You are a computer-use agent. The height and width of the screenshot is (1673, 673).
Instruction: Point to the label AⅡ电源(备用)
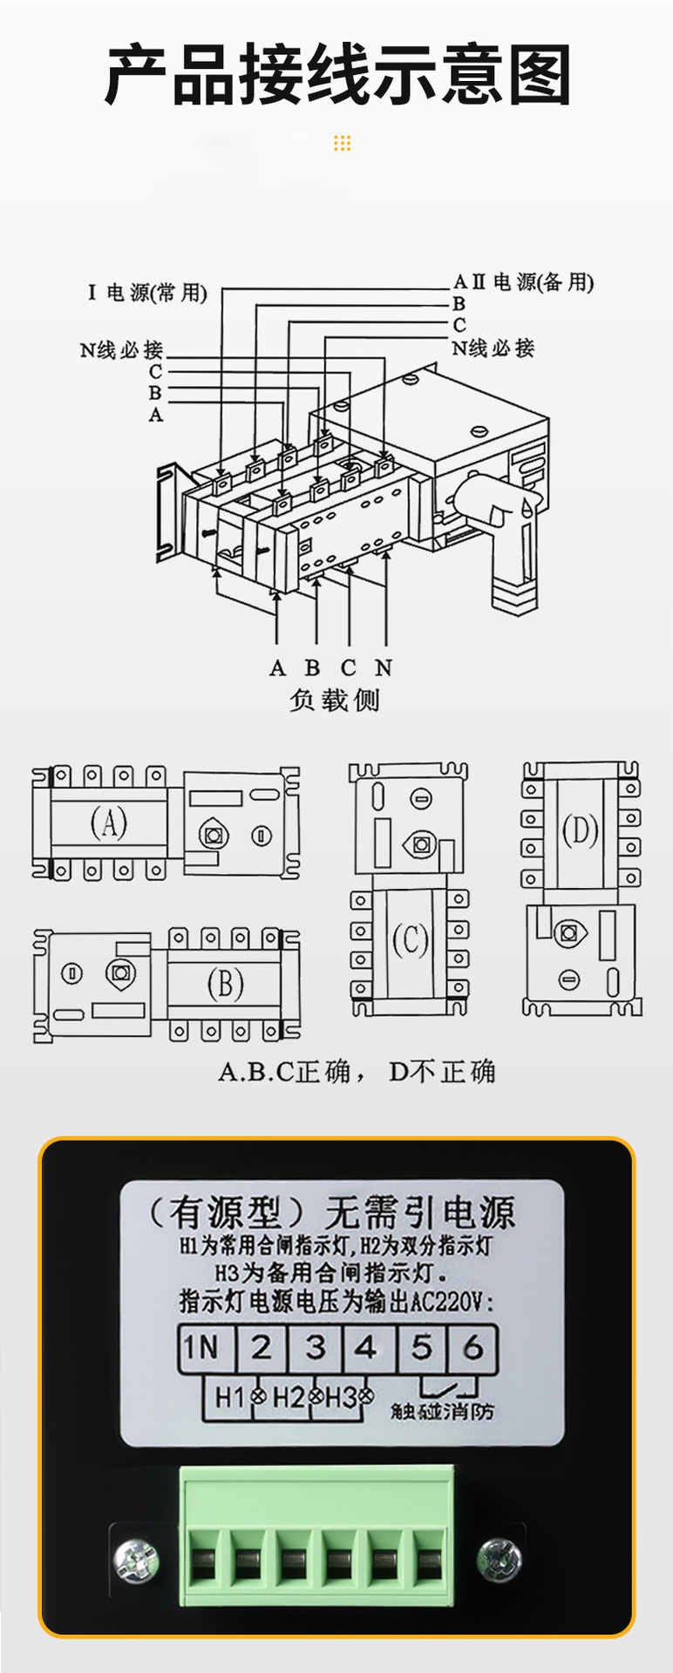click(x=523, y=281)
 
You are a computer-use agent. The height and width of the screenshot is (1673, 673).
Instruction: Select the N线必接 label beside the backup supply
click(x=493, y=349)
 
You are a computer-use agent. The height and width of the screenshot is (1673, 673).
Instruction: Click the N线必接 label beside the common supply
click(x=121, y=350)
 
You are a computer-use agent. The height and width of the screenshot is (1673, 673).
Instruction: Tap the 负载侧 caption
click(x=335, y=700)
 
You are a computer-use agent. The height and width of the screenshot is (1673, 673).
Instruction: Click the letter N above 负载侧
click(x=384, y=668)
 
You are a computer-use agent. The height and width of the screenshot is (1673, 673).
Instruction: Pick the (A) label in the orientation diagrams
click(x=109, y=821)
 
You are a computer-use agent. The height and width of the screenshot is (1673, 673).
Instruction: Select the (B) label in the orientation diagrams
click(x=225, y=984)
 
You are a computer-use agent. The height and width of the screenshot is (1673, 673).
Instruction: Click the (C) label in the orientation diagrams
click(x=410, y=940)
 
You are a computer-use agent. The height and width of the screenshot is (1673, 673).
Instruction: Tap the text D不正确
click(x=442, y=1071)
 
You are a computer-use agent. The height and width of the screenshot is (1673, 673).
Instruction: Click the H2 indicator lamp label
click(x=289, y=1398)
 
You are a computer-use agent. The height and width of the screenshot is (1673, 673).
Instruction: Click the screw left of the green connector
click(x=137, y=1559)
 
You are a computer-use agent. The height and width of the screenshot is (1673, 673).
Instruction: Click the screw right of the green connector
click(x=500, y=1559)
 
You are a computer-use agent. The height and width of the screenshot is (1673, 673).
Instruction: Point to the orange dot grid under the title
click(x=342, y=143)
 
